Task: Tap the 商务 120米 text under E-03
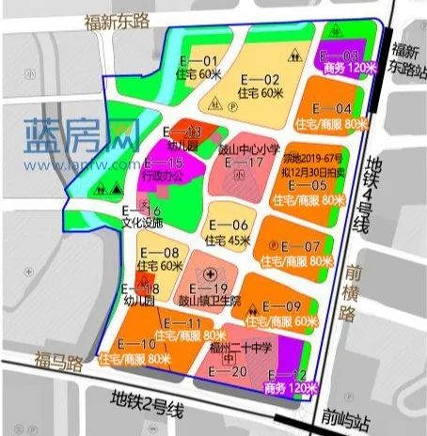[348, 69]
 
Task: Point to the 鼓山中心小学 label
[249, 148]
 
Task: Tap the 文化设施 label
[142, 224]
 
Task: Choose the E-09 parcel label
[281, 306]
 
